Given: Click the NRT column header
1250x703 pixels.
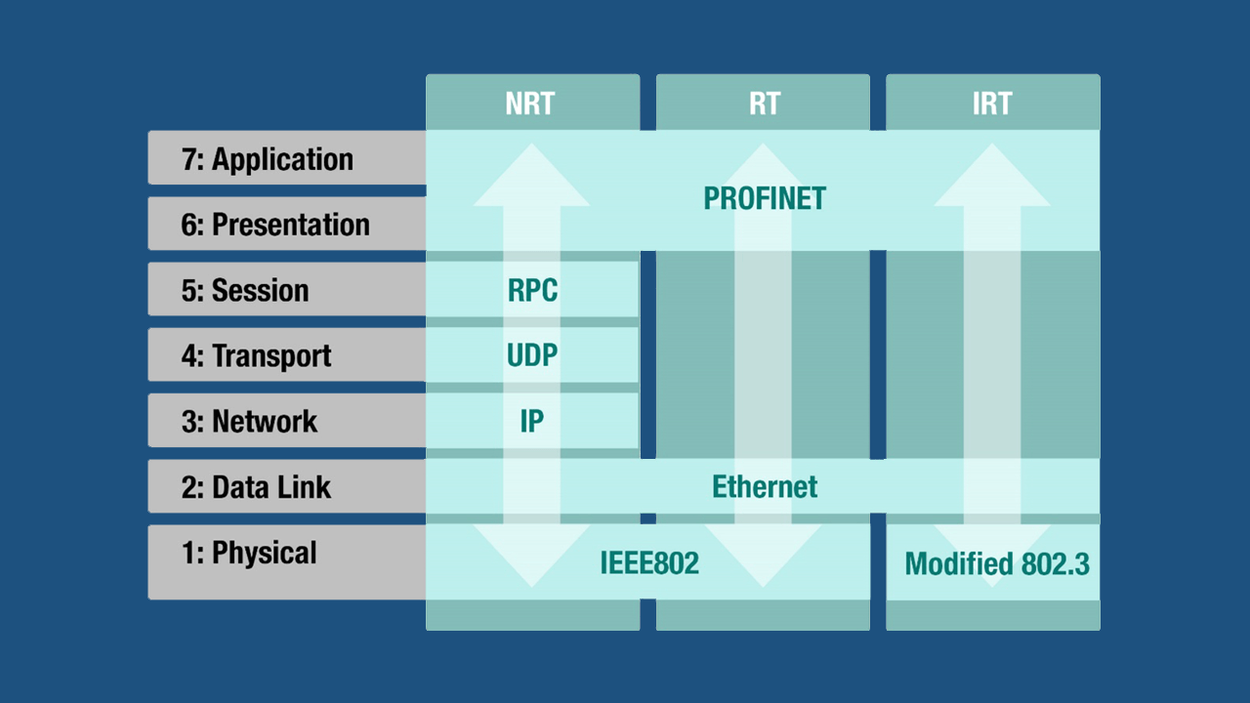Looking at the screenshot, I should (x=530, y=103).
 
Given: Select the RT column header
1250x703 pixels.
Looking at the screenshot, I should (x=764, y=103).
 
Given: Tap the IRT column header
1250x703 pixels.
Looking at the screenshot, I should (x=992, y=103).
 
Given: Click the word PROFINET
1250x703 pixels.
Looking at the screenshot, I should (x=765, y=199).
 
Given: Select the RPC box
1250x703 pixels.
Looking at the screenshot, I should (x=532, y=290).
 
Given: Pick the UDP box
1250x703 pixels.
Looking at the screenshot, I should (x=532, y=355).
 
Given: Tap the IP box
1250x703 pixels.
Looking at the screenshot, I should (x=532, y=421).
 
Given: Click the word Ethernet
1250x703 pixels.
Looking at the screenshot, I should (x=765, y=486).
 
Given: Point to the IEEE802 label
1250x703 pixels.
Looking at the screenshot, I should (x=649, y=563).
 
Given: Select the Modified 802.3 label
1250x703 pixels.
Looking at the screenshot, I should (x=997, y=563).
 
